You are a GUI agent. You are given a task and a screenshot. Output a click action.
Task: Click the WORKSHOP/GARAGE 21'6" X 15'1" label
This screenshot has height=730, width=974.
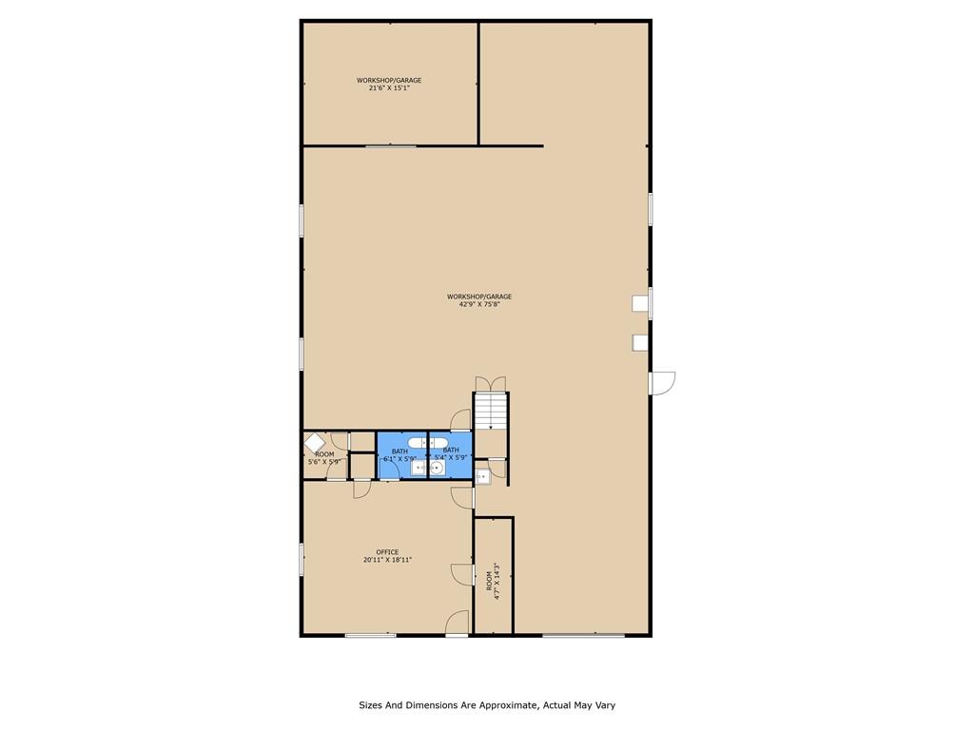point(388,85)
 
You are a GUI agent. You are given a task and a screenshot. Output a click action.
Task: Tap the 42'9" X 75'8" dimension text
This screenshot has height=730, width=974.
point(479,304)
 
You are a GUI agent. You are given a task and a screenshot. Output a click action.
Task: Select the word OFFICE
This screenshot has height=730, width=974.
point(387,552)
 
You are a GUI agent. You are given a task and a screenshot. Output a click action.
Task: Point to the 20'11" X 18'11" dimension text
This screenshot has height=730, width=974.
point(387,561)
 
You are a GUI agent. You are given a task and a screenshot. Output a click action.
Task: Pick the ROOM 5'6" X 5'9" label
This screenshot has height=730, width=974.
point(325,458)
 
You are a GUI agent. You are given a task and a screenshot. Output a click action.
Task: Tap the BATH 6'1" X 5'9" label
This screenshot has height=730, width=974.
point(399,454)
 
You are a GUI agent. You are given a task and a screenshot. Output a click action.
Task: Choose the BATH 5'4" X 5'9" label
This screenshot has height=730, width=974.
point(451,453)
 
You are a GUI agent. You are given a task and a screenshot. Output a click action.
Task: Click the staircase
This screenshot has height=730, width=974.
point(492,411)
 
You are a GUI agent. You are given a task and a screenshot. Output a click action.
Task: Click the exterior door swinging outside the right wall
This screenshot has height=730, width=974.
point(662,382)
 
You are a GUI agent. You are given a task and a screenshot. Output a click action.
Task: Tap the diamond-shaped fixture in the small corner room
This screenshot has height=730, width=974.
point(314,443)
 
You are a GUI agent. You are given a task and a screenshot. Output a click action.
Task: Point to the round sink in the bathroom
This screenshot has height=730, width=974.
point(437,468)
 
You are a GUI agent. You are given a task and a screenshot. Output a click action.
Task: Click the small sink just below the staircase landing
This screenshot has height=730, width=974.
point(482,475)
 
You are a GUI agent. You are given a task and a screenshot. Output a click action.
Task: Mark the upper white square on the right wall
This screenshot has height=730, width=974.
point(640,303)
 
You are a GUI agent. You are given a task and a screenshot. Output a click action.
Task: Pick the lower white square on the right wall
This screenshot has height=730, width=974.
point(640,342)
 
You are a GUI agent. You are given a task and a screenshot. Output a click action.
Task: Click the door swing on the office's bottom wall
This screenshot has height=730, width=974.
point(458,623)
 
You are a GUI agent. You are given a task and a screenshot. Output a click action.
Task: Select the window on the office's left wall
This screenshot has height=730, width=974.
point(302,558)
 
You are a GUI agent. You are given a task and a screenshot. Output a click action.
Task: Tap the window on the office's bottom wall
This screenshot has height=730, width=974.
point(370,635)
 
